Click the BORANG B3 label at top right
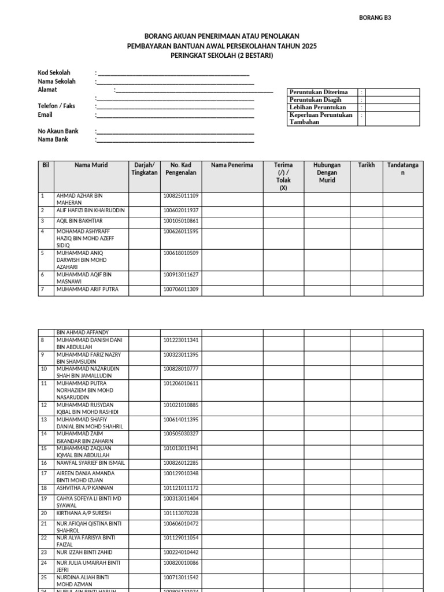(375, 18)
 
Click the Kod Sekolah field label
(54, 73)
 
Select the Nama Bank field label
(53, 139)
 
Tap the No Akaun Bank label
(58, 131)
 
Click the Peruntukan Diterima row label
(319, 92)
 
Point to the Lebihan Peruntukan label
(317, 107)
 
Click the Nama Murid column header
(91, 165)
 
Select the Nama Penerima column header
(232, 165)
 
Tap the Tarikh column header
(366, 165)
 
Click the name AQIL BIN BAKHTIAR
(79, 221)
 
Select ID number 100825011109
(181, 196)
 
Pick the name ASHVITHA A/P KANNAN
(85, 488)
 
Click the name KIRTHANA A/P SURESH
(83, 513)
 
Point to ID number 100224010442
(181, 552)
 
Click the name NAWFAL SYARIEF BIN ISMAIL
(90, 462)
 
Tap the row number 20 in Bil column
(43, 513)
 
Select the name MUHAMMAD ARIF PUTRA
(87, 289)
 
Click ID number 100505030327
(181, 434)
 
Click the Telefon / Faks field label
(56, 106)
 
